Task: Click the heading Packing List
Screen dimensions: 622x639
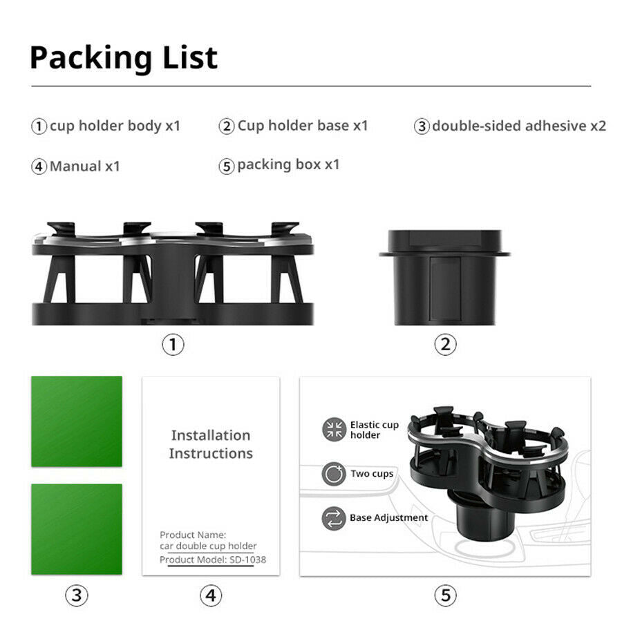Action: pyautogui.click(x=124, y=58)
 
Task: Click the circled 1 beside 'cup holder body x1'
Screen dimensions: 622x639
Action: pyautogui.click(x=39, y=126)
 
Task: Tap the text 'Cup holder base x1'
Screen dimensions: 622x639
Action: pyautogui.click(x=303, y=126)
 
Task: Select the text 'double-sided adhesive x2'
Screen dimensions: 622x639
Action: pyautogui.click(x=519, y=126)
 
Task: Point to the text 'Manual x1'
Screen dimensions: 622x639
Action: pyautogui.click(x=85, y=166)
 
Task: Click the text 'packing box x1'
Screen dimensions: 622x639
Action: pyautogui.click(x=288, y=164)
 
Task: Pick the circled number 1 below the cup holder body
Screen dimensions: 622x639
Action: pyautogui.click(x=173, y=345)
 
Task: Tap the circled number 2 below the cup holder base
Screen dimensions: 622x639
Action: pyautogui.click(x=446, y=344)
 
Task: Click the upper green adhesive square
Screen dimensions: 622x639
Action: pyautogui.click(x=77, y=421)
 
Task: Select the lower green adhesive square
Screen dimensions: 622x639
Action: pyautogui.click(x=77, y=529)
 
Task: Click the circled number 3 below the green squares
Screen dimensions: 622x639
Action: pyautogui.click(x=77, y=595)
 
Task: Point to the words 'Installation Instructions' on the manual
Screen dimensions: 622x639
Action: pyautogui.click(x=211, y=444)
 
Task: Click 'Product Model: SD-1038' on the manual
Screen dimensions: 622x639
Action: pyautogui.click(x=213, y=560)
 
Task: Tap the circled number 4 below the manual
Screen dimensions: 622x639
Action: pyautogui.click(x=211, y=595)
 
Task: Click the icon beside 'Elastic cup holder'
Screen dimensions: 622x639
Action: pyautogui.click(x=334, y=430)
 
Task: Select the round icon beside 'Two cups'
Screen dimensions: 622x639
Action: pyautogui.click(x=334, y=474)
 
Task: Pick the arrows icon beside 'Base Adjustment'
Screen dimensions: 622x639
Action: pyautogui.click(x=334, y=518)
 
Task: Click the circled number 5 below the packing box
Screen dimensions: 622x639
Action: pyautogui.click(x=446, y=595)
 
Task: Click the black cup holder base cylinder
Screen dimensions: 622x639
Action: pyautogui.click(x=444, y=278)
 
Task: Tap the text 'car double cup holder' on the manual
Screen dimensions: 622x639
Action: pyautogui.click(x=208, y=546)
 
